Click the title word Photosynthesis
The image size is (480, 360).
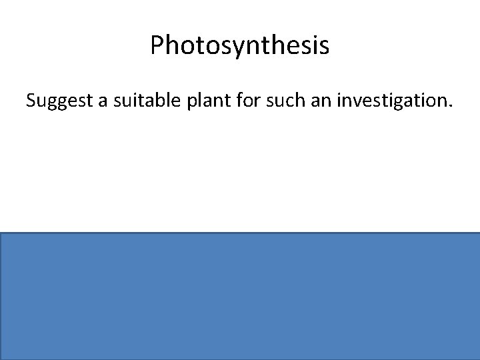(x=240, y=46)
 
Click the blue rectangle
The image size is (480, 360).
(x=240, y=296)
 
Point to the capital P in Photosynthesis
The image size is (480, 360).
(x=157, y=46)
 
